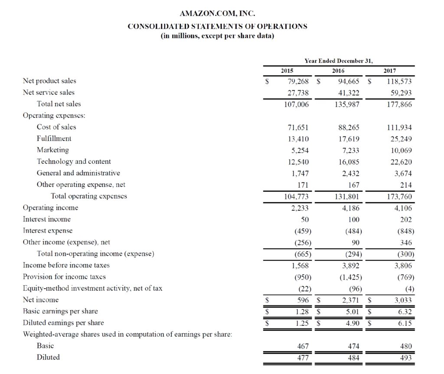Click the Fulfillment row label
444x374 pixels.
tap(54, 138)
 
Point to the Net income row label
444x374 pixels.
tap(40, 299)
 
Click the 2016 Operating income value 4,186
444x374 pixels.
tap(350, 208)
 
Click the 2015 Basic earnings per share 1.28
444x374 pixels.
tap(301, 311)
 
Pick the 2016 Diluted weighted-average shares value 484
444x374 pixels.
tap(353, 358)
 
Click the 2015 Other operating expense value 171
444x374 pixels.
tap(303, 185)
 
